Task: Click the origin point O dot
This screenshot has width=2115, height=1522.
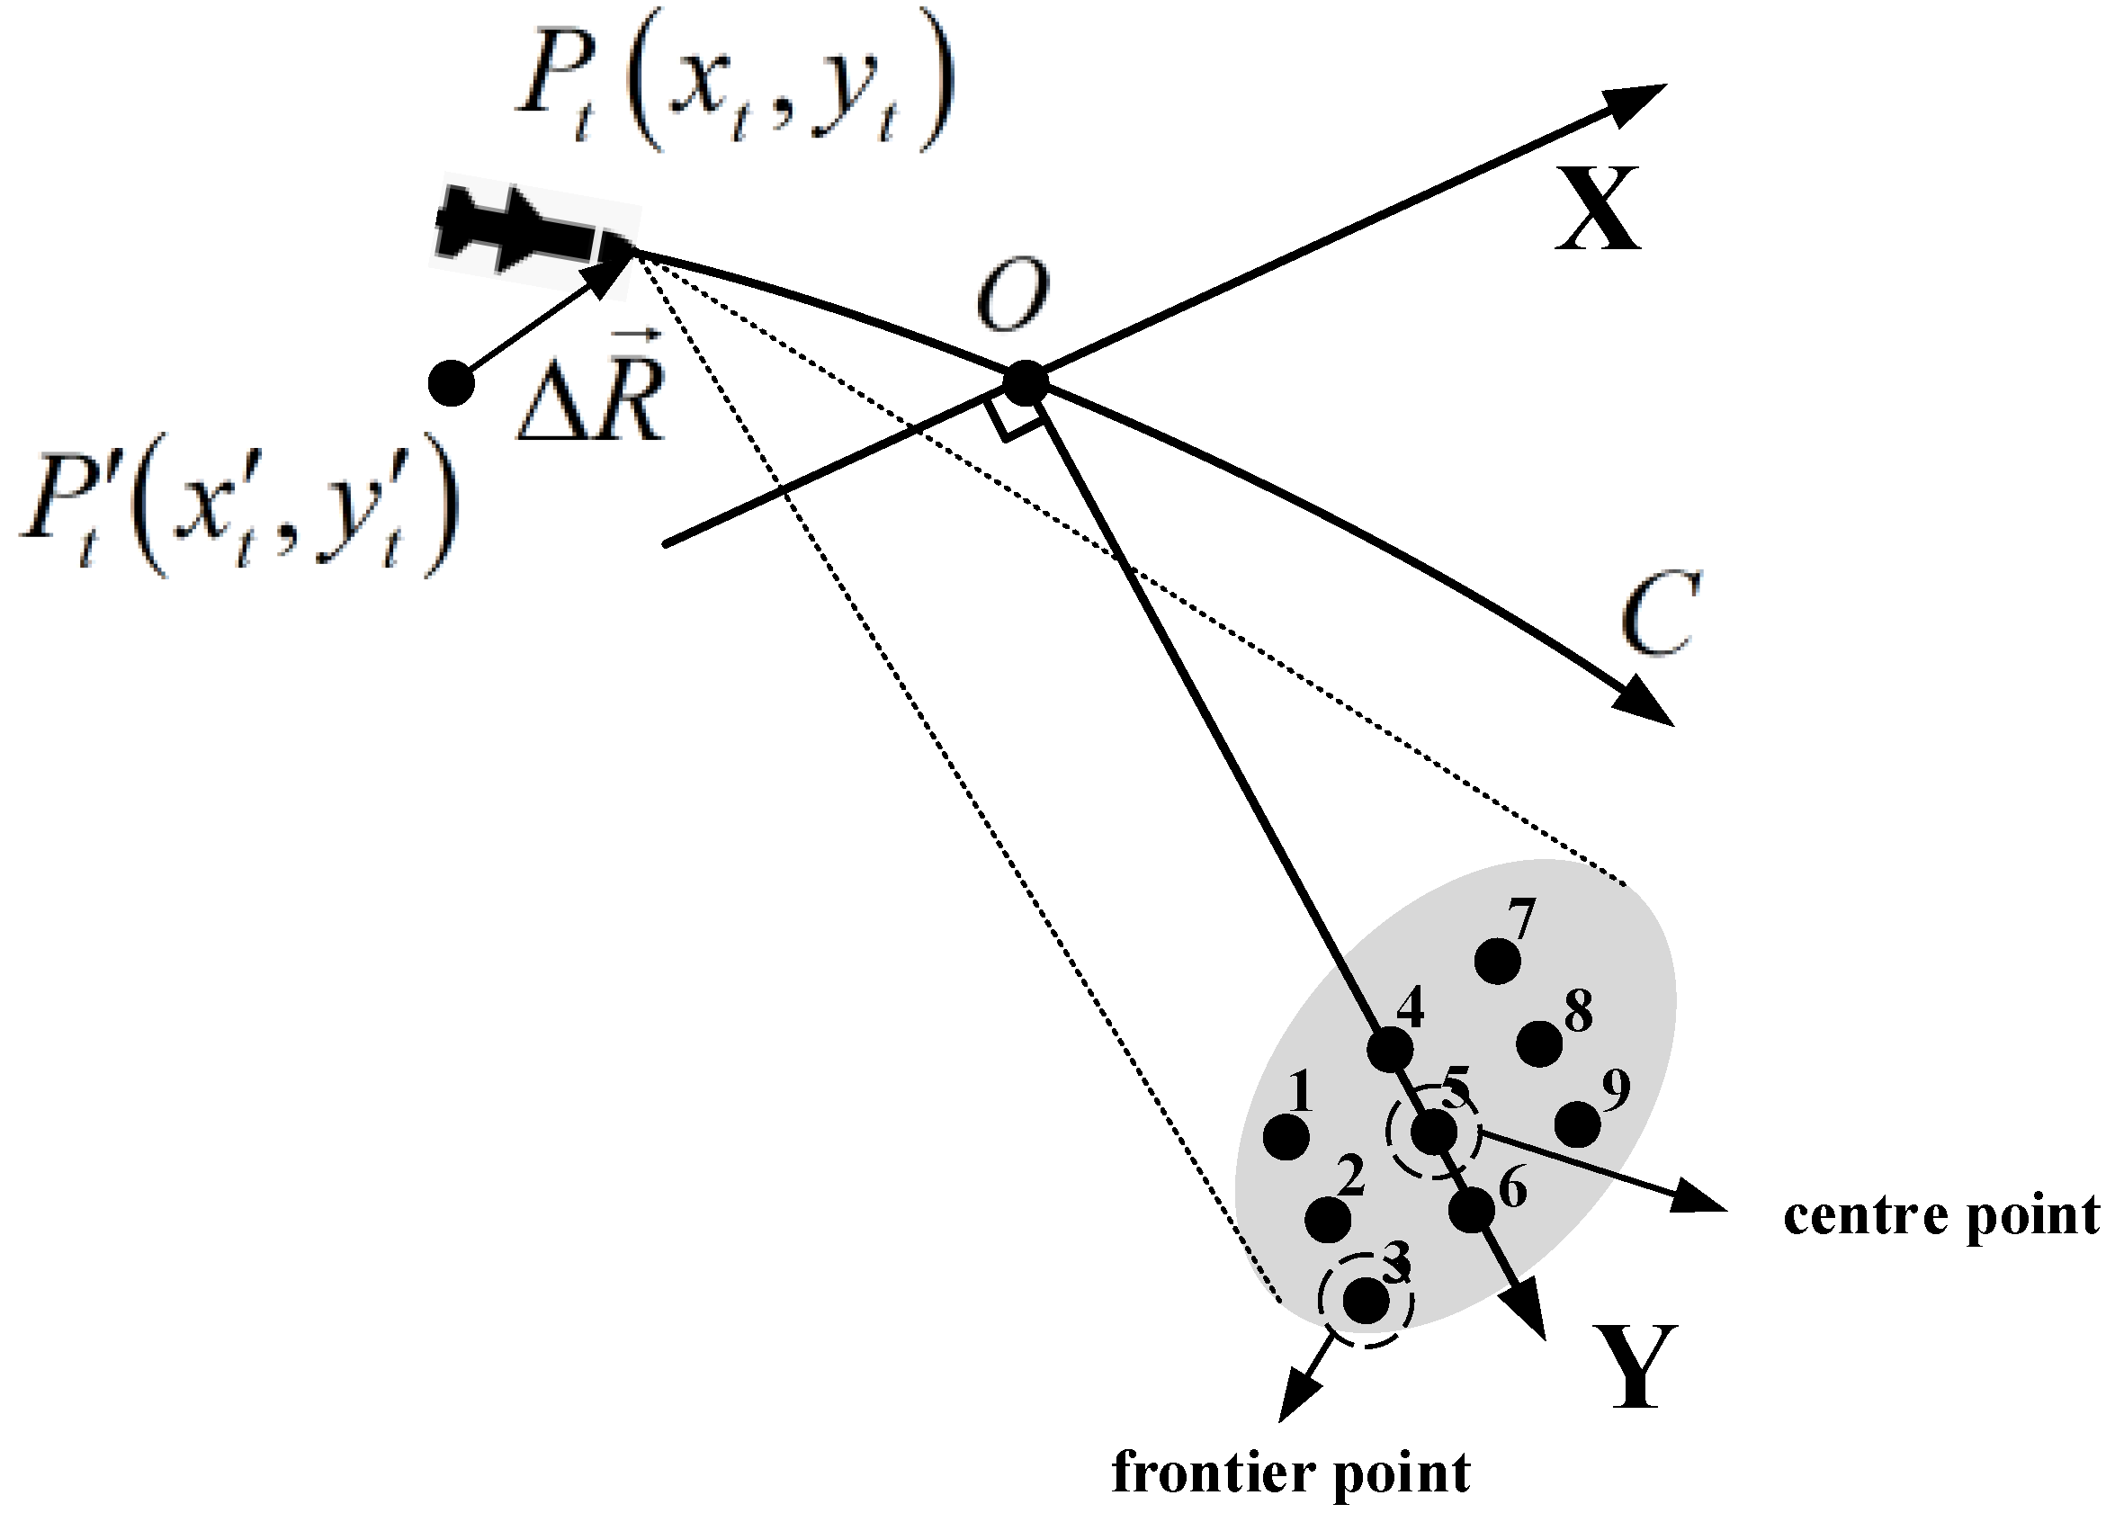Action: pos(1025,383)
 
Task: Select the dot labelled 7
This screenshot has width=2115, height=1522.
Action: pos(1498,962)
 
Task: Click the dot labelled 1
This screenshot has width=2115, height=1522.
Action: pos(1286,1137)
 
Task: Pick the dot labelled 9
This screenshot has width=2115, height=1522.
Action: pos(1578,1124)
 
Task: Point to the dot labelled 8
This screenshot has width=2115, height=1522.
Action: pos(1539,1043)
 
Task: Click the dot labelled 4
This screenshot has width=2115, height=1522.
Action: pos(1390,1050)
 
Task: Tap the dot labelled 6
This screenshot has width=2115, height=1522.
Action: pos(1473,1211)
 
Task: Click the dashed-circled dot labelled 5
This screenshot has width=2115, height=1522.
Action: pos(1433,1133)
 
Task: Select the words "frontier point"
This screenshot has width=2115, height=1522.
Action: pos(1291,1474)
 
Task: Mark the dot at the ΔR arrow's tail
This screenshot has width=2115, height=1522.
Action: pos(452,383)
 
